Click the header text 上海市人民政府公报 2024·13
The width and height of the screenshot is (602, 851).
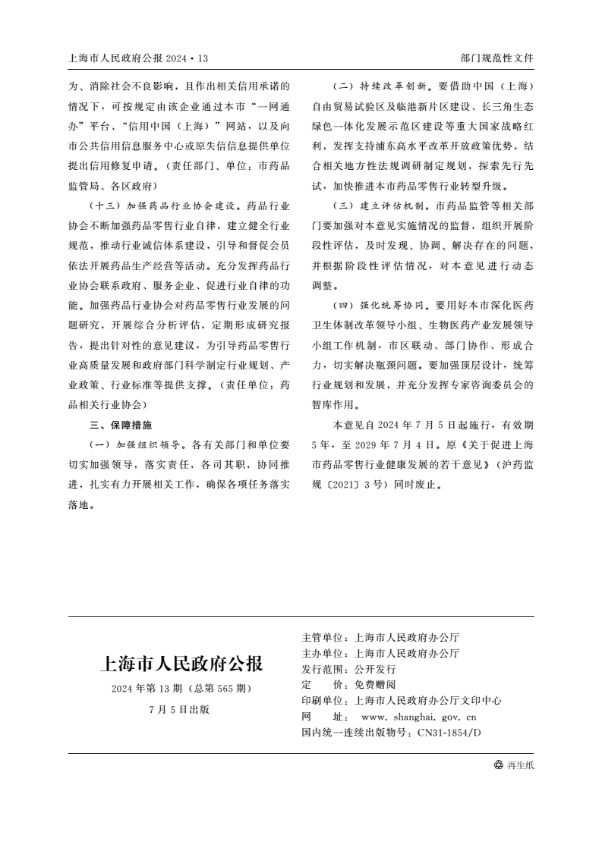138,58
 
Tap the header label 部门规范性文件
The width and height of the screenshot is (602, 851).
497,58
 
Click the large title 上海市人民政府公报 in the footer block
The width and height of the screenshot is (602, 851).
181,665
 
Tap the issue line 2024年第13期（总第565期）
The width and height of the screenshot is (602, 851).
181,689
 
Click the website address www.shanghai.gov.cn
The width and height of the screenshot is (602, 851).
419,717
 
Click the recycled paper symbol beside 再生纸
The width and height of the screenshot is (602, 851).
498,765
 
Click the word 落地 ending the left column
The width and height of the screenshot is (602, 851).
80,504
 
